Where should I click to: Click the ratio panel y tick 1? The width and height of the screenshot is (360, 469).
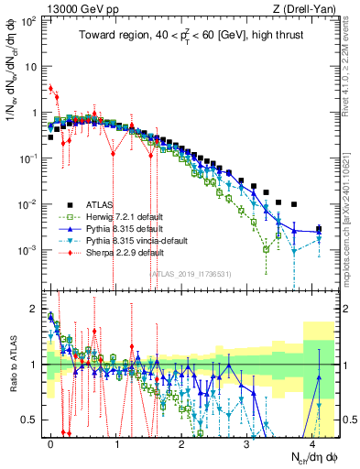pyautogui.click(x=35, y=365)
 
